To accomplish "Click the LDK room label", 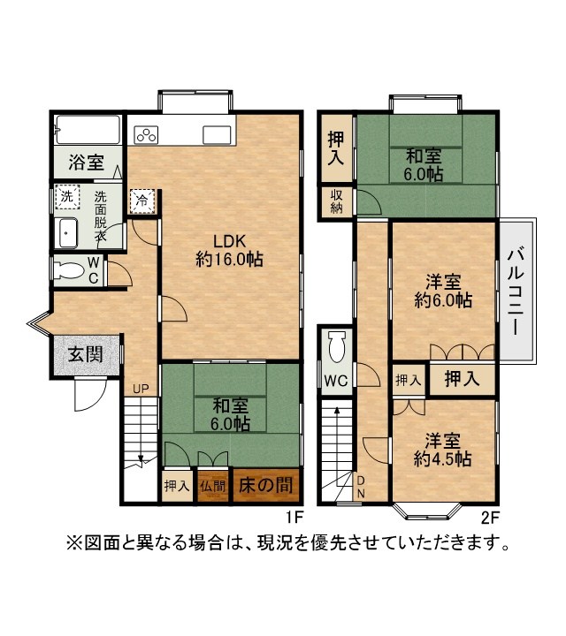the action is (x=230, y=250).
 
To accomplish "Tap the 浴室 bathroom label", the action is (x=86, y=163).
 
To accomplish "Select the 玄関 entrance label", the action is (x=85, y=354).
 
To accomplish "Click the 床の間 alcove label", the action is (x=265, y=485).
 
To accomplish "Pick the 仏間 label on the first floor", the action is (x=212, y=486).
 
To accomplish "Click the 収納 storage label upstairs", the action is (x=336, y=201).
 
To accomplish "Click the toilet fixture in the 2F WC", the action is (x=337, y=346).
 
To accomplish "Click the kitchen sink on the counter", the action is (x=217, y=134).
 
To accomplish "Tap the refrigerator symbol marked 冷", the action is (x=141, y=201).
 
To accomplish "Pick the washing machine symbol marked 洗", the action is (x=67, y=197).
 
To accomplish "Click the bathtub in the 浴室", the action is (x=88, y=129).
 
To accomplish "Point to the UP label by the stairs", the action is (x=141, y=389).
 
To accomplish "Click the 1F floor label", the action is (x=294, y=518).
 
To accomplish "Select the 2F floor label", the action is (x=489, y=518).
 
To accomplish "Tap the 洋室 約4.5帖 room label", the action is (x=442, y=450).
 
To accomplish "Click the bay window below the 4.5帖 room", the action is (x=427, y=511).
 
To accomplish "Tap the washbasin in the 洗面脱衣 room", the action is (x=68, y=233).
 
